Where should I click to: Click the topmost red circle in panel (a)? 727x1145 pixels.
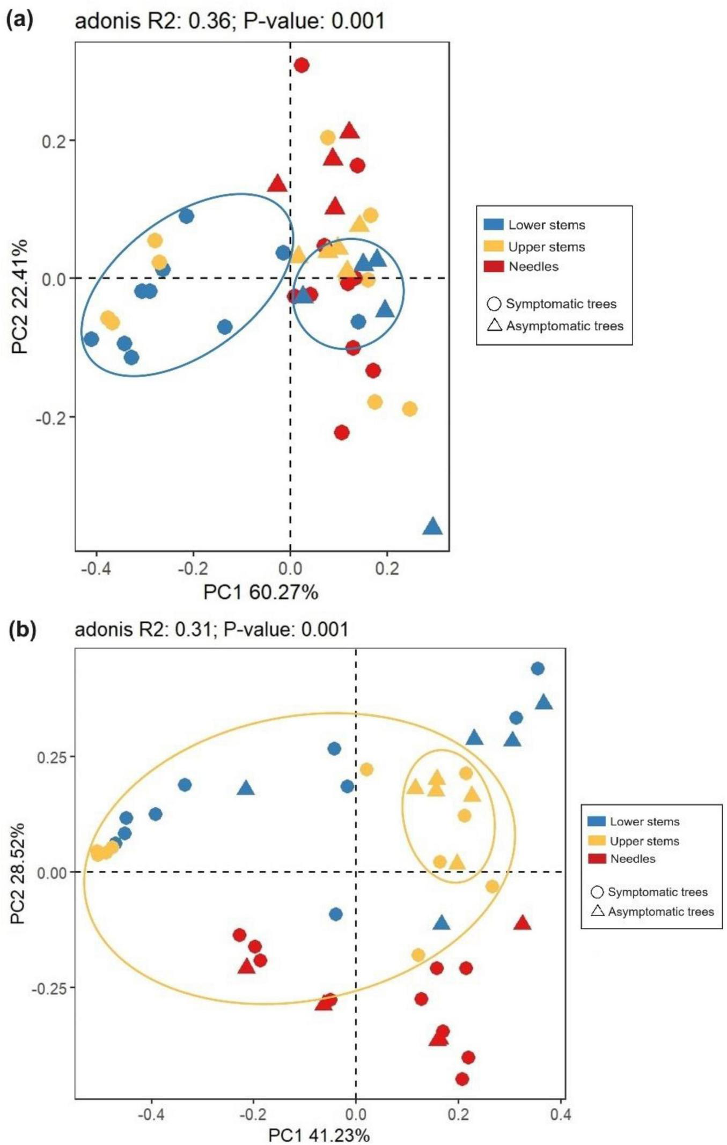(x=302, y=65)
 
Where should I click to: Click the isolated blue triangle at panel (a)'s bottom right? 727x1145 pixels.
(x=432, y=527)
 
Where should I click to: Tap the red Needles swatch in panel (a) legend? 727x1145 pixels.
(x=494, y=267)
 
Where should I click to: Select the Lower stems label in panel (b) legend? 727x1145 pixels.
(x=644, y=822)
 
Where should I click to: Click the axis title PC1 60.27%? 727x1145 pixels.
(x=261, y=592)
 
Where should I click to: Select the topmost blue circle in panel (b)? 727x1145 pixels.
(x=538, y=668)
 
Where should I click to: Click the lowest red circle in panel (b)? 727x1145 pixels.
(x=462, y=1078)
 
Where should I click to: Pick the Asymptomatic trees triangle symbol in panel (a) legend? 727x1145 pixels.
(x=494, y=326)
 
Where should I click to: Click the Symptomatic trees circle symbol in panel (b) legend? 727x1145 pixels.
(x=597, y=892)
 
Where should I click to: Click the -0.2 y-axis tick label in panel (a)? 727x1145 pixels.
(x=51, y=417)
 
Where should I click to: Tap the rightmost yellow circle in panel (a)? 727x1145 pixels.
(x=409, y=409)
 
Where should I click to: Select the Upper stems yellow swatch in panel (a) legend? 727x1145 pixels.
(x=494, y=246)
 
